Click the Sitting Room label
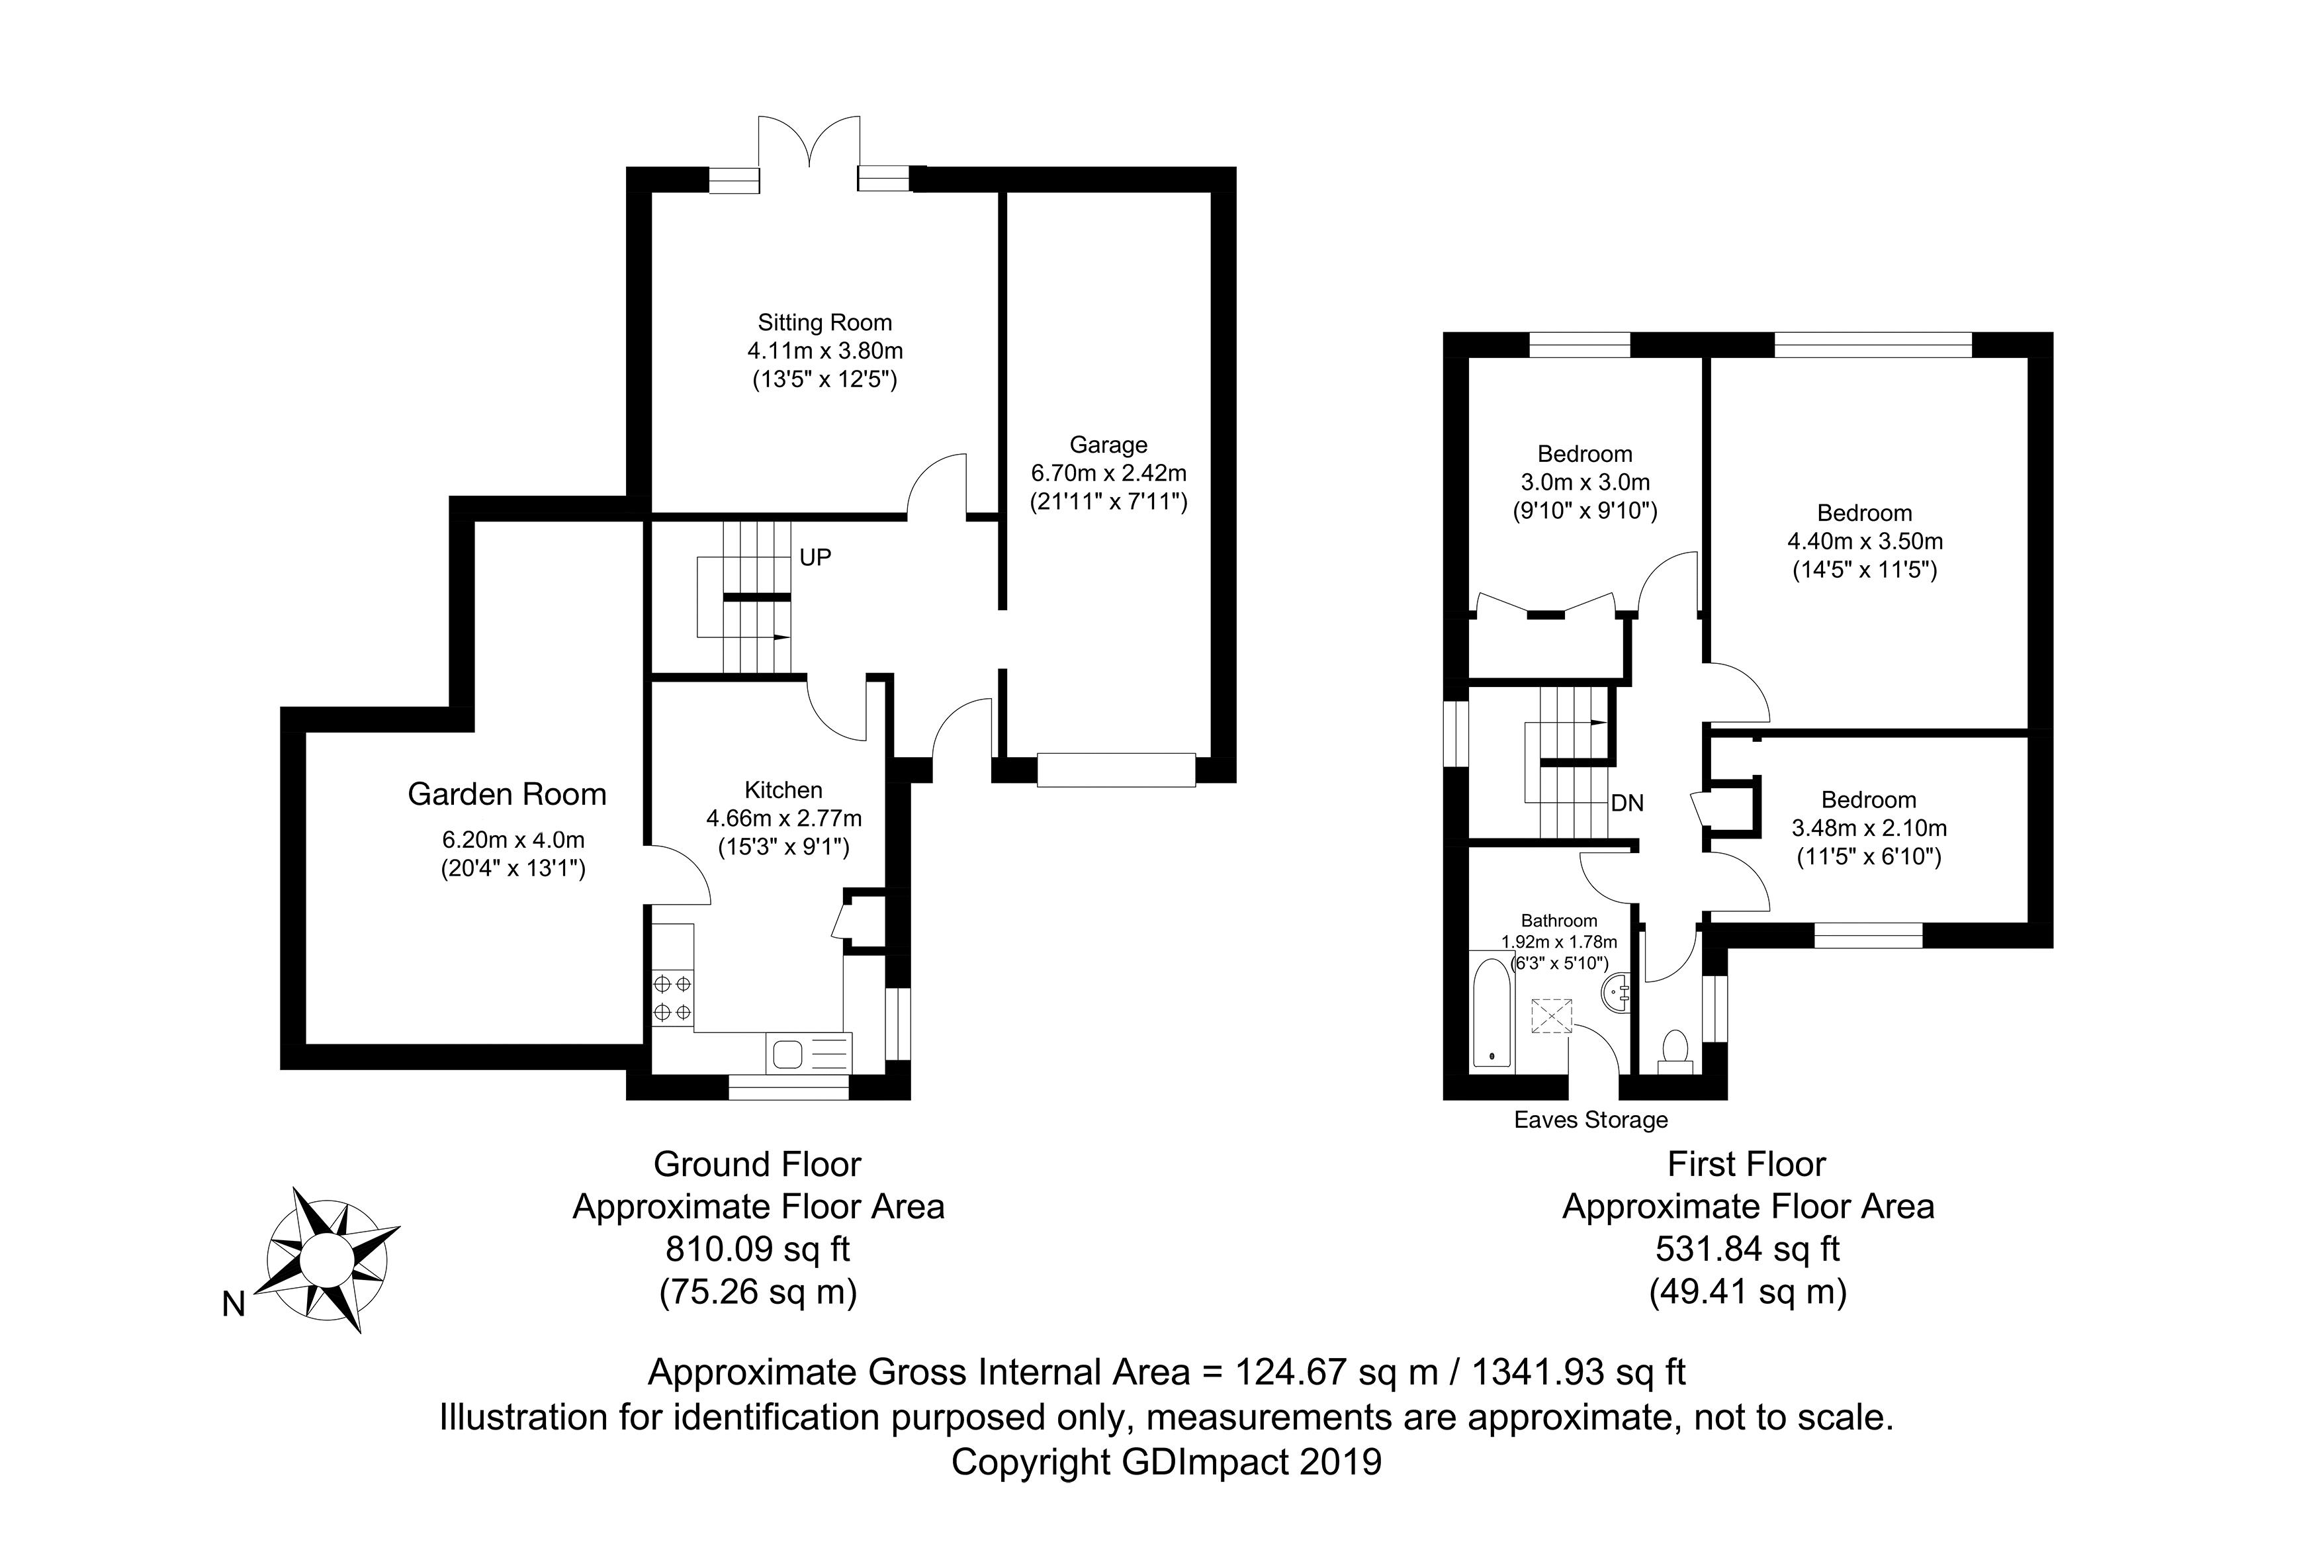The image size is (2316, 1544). point(824,323)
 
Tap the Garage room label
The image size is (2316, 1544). point(1108,445)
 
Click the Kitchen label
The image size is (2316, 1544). point(783,790)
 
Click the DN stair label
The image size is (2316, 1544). point(1627,803)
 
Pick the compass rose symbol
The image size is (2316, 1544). point(328,1259)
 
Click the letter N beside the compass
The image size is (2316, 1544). point(234,1304)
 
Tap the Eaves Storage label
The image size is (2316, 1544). point(1591,1120)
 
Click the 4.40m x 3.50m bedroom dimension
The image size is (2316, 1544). point(1864,541)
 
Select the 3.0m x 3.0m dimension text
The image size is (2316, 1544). point(1585,482)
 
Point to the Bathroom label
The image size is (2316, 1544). point(1559,921)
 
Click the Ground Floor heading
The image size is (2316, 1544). point(757,1165)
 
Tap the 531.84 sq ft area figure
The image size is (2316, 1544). point(1747,1249)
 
